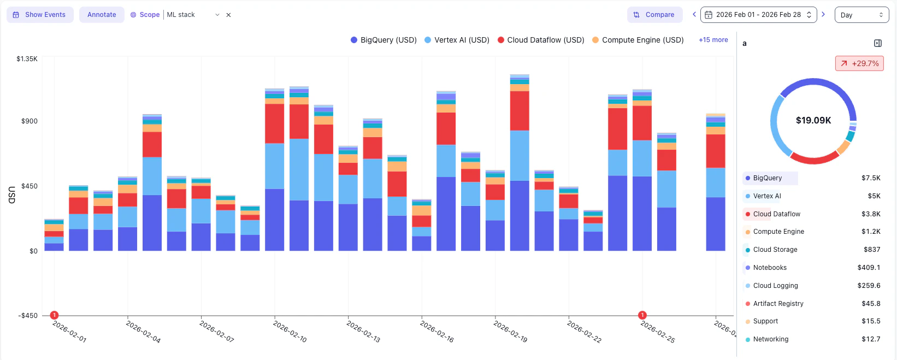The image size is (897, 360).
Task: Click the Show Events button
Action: pos(40,15)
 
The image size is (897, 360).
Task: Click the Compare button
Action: pos(654,15)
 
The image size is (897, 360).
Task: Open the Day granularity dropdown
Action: pos(861,15)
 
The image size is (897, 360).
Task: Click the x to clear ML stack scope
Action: pos(228,15)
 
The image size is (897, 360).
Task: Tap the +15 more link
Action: pos(713,40)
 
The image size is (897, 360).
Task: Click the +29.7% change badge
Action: pos(859,63)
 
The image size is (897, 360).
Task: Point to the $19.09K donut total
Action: pos(813,120)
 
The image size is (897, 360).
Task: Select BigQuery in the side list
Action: pos(767,178)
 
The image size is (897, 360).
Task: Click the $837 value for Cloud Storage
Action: pos(871,250)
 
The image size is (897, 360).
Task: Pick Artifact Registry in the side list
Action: pos(778,304)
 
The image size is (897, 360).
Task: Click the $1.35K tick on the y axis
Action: pos(27,59)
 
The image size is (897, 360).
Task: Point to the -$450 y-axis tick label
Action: pos(28,316)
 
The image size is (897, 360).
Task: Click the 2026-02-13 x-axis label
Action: pos(363,332)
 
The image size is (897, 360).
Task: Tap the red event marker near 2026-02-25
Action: pos(642,315)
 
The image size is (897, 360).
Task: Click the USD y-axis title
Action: pos(11,195)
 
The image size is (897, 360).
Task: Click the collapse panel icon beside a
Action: pos(877,43)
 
